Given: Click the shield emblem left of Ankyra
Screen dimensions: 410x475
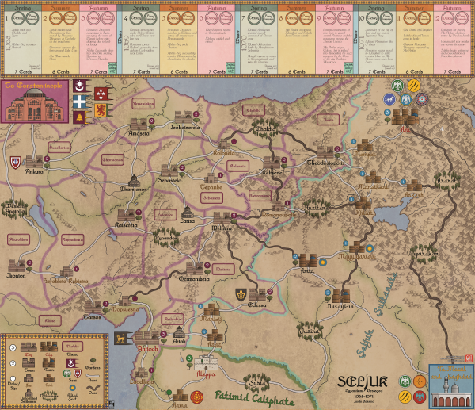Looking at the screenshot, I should point(13,162).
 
